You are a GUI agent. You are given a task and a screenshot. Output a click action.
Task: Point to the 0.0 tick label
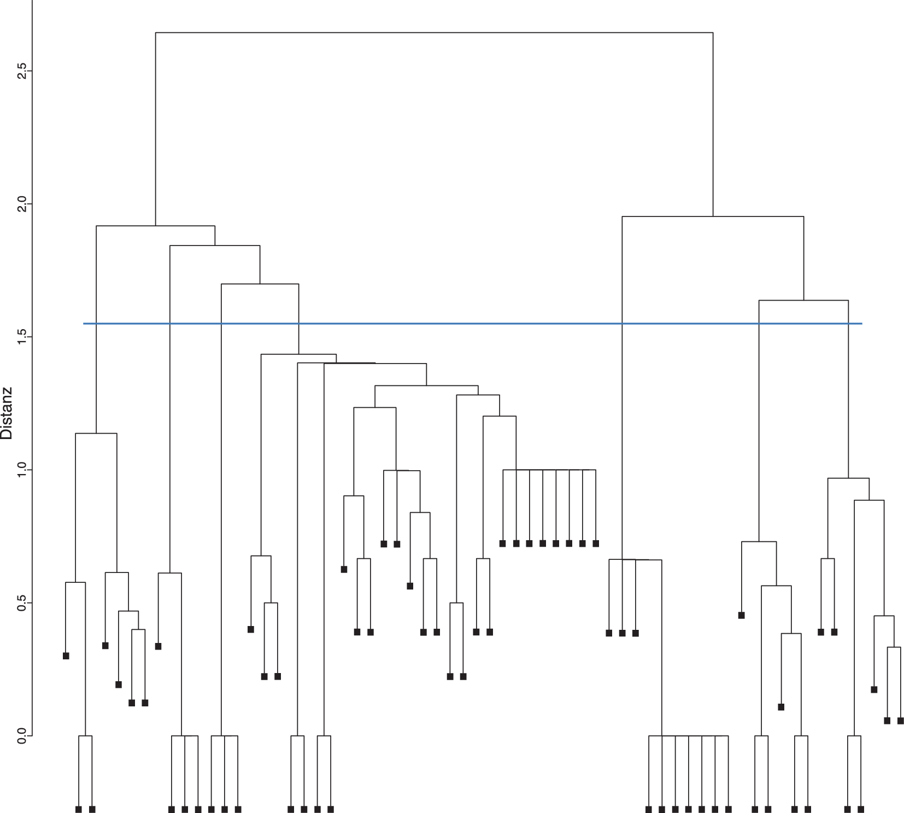click(x=22, y=736)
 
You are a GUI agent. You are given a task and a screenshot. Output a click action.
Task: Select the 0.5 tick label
click(x=22, y=603)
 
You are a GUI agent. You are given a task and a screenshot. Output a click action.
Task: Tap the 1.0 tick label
click(x=22, y=470)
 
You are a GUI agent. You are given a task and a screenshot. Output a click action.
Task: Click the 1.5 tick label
click(x=22, y=337)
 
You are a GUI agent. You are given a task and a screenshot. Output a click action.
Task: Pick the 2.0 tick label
click(x=22, y=204)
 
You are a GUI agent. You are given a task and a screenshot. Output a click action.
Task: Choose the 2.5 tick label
click(x=22, y=71)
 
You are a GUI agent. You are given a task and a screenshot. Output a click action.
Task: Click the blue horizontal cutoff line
click(x=472, y=324)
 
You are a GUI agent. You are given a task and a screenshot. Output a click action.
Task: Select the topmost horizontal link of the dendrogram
click(x=434, y=33)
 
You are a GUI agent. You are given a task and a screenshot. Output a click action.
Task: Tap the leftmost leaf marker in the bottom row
click(x=79, y=809)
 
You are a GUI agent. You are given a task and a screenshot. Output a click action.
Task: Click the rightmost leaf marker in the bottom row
click(x=861, y=809)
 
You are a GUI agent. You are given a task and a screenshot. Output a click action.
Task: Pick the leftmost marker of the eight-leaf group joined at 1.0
click(x=503, y=543)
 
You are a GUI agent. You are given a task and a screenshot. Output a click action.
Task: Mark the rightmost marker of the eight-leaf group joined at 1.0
click(x=596, y=543)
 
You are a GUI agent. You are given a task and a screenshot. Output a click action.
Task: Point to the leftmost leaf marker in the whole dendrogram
click(x=66, y=656)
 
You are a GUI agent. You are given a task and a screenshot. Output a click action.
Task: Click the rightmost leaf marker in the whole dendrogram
click(x=901, y=721)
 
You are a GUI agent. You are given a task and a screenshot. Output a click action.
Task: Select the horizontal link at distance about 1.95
click(x=713, y=217)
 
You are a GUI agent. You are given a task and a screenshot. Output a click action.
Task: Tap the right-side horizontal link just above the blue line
click(x=803, y=300)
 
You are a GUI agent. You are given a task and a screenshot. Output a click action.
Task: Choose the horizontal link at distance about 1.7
click(x=260, y=284)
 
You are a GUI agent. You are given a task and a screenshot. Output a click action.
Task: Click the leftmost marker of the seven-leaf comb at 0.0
click(x=649, y=809)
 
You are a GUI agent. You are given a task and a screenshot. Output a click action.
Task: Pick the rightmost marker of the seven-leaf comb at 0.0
click(x=729, y=809)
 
